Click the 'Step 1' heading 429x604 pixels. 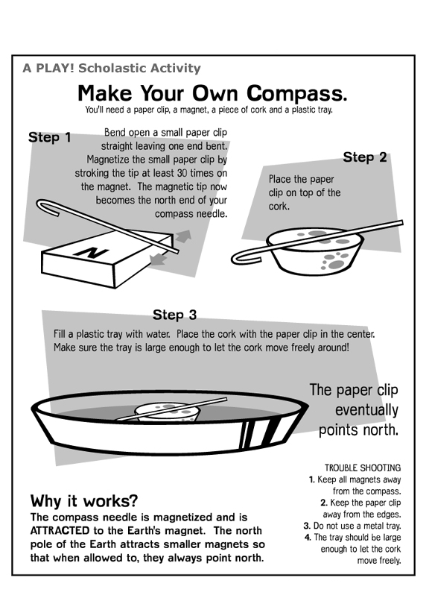pos(50,137)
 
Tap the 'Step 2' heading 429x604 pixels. pos(365,157)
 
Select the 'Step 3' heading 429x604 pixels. pos(175,315)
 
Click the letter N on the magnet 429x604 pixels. pos(92,252)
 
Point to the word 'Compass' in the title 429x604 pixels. pos(296,94)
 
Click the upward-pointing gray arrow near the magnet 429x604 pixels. pos(183,236)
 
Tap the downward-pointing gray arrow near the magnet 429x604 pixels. pos(158,259)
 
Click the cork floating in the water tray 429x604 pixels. pos(168,412)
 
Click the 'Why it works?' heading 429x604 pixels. pos(84,501)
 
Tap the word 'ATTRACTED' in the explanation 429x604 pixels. pos(60,531)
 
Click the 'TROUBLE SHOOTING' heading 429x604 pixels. pos(363,468)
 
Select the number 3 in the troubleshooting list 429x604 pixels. pos(307,526)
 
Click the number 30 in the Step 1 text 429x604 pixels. pos(182,173)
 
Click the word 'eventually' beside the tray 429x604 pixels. pos(366,410)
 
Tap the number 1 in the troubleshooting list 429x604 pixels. pos(312,479)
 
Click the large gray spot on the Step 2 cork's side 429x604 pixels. pos(336,265)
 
